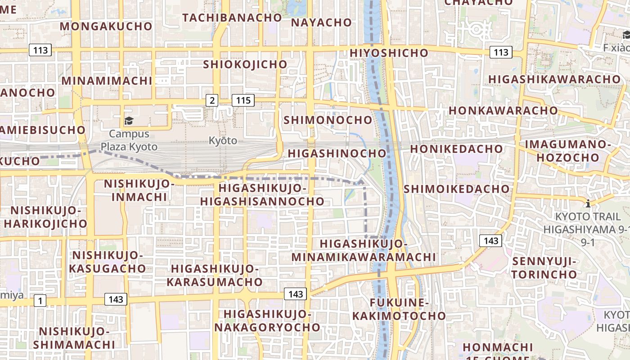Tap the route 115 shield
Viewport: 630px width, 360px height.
(x=243, y=100)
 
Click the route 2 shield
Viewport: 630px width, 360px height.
(x=212, y=100)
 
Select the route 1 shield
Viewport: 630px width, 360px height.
(x=40, y=301)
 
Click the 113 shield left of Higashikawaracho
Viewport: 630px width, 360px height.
(x=500, y=52)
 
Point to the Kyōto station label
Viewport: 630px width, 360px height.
(x=223, y=140)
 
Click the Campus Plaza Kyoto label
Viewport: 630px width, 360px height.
(x=129, y=140)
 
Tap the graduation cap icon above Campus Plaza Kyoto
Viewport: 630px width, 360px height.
(x=129, y=121)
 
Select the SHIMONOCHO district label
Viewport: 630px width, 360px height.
(x=328, y=120)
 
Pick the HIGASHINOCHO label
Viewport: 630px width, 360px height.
(x=337, y=153)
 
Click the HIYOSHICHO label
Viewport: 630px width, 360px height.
(x=389, y=53)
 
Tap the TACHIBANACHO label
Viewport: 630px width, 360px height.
(x=232, y=18)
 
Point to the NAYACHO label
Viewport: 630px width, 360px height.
(x=321, y=22)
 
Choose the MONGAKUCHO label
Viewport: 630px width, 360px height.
(x=106, y=26)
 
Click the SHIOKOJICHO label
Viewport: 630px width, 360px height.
(x=245, y=64)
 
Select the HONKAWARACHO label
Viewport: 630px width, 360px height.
(x=503, y=111)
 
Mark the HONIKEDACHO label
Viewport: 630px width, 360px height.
(x=456, y=149)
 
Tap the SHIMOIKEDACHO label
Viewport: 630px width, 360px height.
(x=457, y=189)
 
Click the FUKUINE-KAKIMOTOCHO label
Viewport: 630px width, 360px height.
(x=399, y=309)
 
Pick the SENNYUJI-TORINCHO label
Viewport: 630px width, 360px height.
(x=545, y=268)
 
